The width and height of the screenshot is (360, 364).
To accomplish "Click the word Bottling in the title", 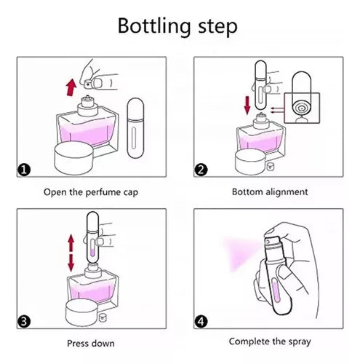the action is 154,26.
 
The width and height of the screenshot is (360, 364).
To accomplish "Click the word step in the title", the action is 217,27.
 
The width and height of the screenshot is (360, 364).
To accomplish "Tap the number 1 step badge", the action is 24,170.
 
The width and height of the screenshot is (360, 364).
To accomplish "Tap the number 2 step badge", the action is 201,170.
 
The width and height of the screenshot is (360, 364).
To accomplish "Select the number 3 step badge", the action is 24,321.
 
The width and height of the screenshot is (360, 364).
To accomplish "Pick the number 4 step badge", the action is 201,321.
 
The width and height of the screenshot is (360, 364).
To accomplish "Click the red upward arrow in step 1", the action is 71,87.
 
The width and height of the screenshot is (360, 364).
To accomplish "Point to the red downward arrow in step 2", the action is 247,105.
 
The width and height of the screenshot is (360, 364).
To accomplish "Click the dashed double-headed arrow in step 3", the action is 71,253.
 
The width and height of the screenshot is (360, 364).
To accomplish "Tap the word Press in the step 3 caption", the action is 76,344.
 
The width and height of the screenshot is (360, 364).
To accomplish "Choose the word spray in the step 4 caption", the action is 300,342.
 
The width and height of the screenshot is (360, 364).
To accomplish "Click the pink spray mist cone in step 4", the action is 240,253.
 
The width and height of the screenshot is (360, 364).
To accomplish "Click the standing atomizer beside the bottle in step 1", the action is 135,128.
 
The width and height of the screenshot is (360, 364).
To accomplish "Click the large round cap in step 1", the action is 73,158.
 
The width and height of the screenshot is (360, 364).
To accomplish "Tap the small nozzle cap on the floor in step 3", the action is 103,317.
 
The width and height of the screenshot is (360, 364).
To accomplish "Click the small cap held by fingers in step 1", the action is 87,84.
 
